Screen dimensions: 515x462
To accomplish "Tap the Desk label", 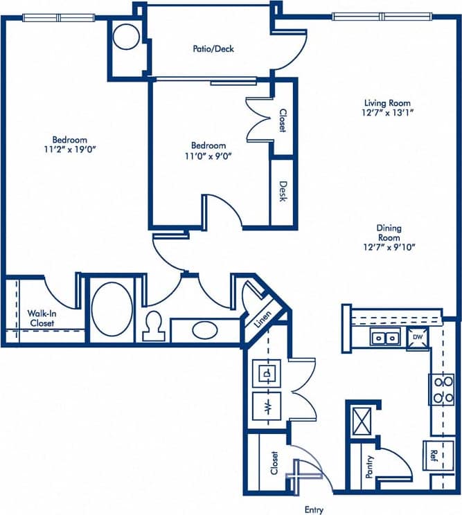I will tap(283, 192).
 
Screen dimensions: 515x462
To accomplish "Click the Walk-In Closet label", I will tap(42, 318).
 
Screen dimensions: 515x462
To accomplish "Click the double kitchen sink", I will tap(384, 338).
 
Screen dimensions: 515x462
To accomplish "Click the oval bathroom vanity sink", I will tap(203, 329).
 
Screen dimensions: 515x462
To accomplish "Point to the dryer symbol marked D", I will tap(267, 373).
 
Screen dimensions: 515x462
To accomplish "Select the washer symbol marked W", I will tap(267, 405).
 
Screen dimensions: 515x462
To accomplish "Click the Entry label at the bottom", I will tap(314, 509).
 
